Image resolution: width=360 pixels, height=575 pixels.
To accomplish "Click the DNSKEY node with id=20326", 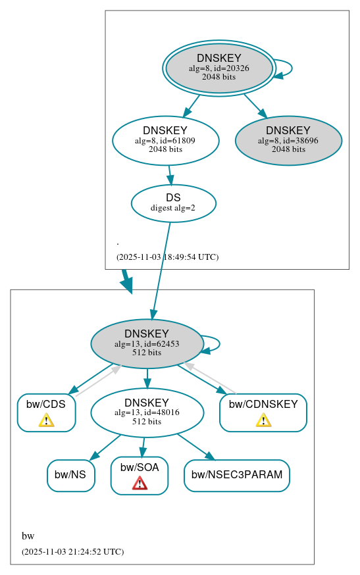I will click(x=219, y=68).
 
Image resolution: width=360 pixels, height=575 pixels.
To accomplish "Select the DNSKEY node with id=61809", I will click(x=165, y=140).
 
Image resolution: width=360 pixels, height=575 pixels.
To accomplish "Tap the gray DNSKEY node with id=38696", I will click(x=288, y=140).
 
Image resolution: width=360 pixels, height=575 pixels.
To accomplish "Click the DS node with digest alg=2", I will click(x=173, y=203).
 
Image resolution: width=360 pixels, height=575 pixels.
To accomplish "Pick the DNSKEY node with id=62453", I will click(x=146, y=343).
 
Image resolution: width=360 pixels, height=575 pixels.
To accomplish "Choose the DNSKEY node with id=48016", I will click(x=146, y=413).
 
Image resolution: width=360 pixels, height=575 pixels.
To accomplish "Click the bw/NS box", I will click(x=71, y=475).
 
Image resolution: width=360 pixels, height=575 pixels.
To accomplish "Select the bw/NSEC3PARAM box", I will click(x=236, y=475).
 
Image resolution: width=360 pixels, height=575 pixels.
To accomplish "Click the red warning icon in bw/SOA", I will click(x=140, y=484).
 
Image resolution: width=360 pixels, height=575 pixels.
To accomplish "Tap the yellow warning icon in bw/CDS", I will click(x=46, y=420).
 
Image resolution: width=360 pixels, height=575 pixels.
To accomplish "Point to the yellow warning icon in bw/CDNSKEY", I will click(x=263, y=420).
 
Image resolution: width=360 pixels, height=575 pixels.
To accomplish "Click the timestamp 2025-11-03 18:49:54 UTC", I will click(x=167, y=257).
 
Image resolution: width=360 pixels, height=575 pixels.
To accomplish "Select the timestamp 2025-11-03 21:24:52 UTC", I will click(x=72, y=552).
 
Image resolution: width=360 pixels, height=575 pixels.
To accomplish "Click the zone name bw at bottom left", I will click(x=28, y=536).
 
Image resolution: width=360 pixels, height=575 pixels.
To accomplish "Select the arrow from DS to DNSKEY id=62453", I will click(x=161, y=270).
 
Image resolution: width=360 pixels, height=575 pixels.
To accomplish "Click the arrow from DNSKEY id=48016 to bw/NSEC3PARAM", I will click(x=195, y=447).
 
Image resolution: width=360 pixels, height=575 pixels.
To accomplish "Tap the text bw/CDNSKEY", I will click(x=263, y=404).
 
